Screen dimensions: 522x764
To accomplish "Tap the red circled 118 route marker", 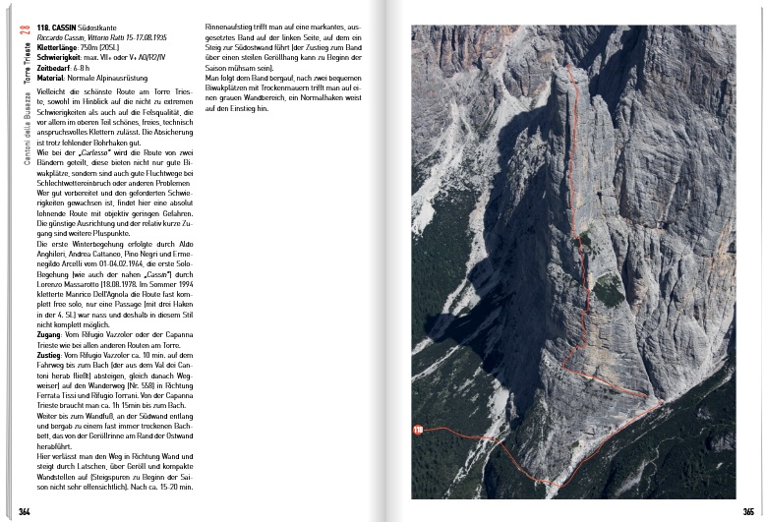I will [419, 430].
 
